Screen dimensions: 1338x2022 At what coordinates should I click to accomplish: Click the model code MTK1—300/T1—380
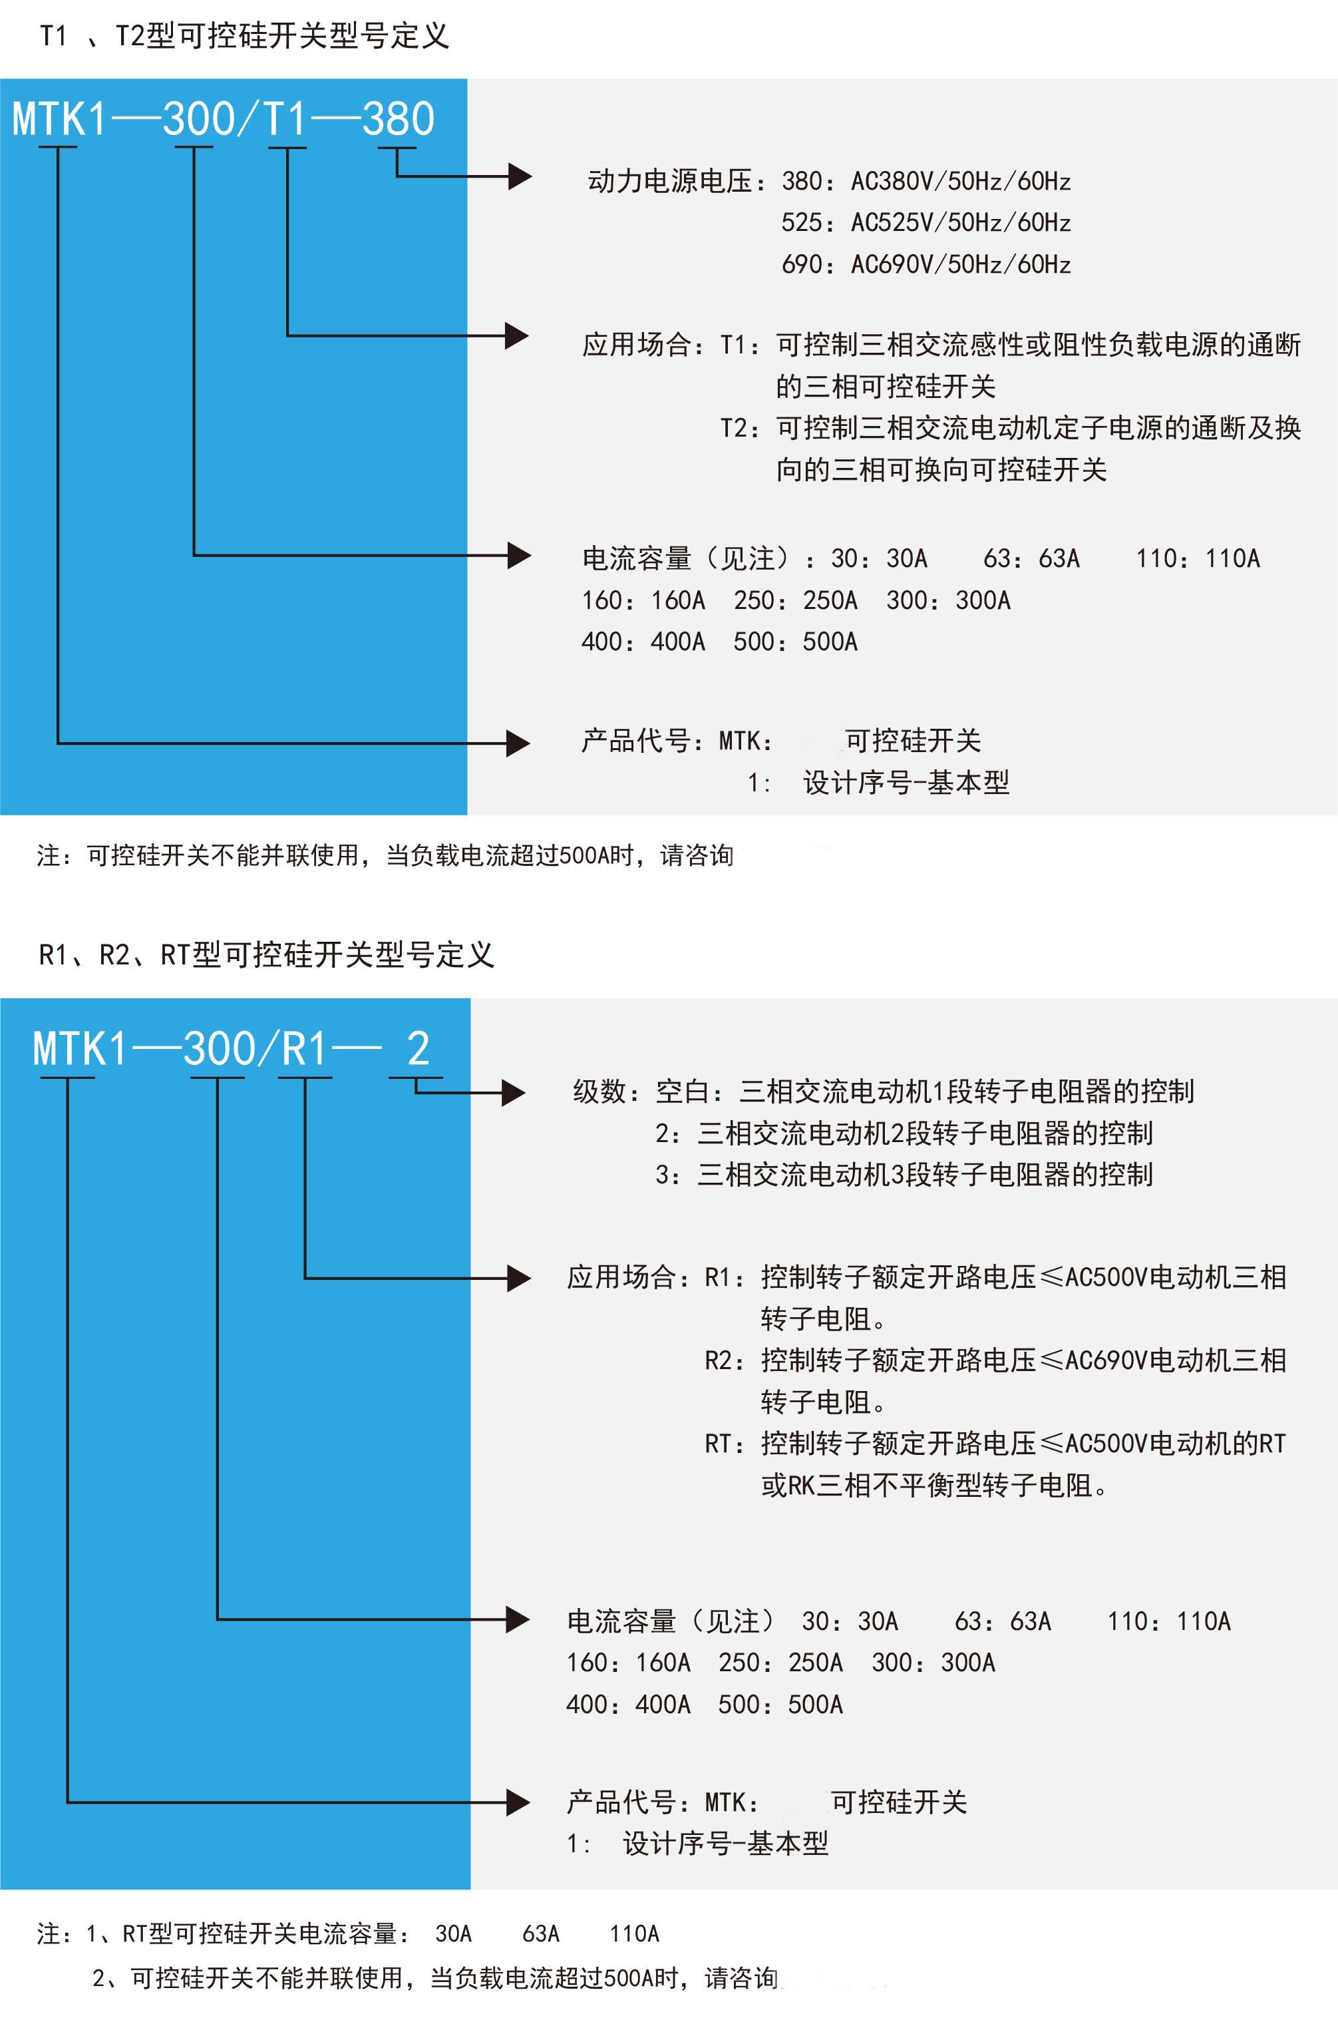tap(224, 118)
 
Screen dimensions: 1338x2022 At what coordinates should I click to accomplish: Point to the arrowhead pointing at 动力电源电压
tap(520, 176)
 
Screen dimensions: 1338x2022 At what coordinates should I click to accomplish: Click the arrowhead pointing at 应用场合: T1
tap(517, 335)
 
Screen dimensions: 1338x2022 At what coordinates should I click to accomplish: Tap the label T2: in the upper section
tap(740, 427)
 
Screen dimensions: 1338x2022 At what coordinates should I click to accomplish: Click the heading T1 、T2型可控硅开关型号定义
tap(244, 36)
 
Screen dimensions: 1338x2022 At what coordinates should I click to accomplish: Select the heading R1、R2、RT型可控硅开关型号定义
tap(266, 954)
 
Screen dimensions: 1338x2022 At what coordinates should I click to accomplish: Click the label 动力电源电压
tap(671, 181)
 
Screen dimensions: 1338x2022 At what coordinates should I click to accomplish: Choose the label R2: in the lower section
tap(725, 1360)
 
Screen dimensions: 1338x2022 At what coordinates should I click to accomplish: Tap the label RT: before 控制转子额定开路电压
tap(725, 1444)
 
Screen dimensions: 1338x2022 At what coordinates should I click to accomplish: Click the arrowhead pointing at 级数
tap(513, 1092)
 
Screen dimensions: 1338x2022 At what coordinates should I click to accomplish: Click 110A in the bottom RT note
tap(634, 1933)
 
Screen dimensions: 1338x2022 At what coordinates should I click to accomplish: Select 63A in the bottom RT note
tap(541, 1933)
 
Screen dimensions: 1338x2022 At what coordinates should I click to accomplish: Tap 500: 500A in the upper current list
tap(795, 642)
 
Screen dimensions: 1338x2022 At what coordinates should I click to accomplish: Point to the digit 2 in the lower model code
tap(418, 1048)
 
